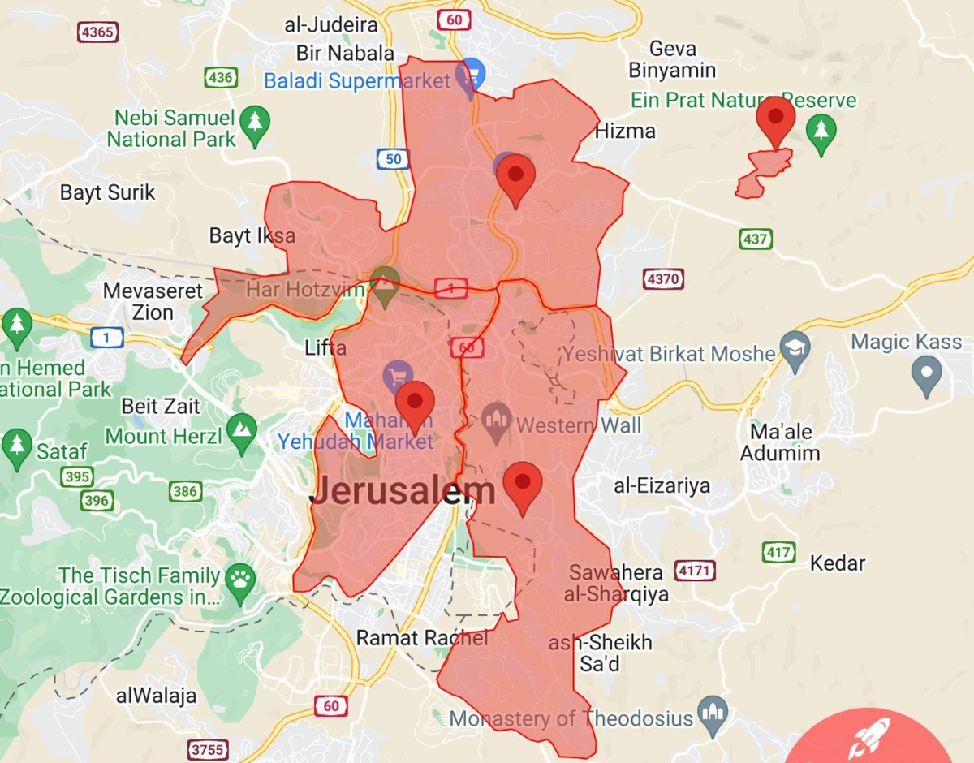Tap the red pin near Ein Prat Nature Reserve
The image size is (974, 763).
776,120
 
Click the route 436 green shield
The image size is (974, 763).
220,78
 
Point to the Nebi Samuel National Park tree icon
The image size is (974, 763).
256,124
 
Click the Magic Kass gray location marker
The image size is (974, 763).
927,374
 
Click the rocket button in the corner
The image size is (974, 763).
869,739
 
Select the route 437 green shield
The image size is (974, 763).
756,239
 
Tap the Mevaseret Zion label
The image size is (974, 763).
153,301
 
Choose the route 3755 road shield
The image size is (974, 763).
208,748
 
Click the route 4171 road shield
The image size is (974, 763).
695,571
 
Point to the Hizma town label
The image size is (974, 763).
625,131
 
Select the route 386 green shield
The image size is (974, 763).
186,490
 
